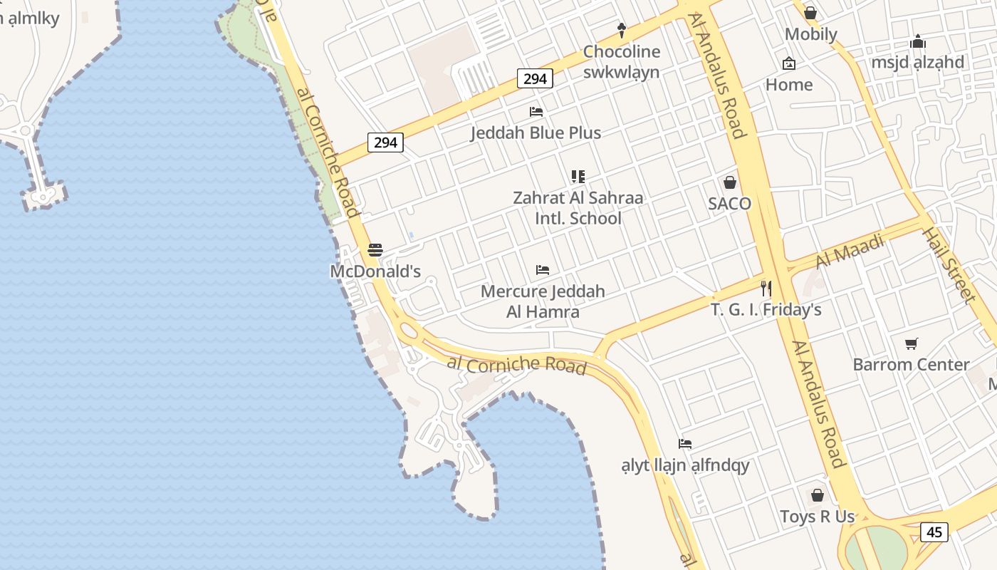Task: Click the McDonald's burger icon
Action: click(x=375, y=250)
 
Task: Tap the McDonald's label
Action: click(x=375, y=271)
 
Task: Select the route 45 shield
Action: click(x=934, y=532)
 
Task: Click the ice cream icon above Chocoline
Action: click(x=622, y=30)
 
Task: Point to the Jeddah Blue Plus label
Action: click(x=536, y=133)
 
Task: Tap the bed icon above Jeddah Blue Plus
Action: click(x=536, y=112)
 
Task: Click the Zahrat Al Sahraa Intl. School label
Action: click(x=578, y=208)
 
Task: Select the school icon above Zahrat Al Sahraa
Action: click(x=578, y=177)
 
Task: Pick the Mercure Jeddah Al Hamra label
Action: click(x=543, y=301)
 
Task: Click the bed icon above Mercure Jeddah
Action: click(x=543, y=270)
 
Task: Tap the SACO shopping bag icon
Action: click(x=730, y=182)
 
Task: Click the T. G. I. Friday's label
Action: click(x=766, y=310)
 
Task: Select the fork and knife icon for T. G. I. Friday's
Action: click(x=766, y=289)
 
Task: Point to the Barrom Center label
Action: click(x=911, y=365)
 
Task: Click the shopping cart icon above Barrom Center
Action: click(x=912, y=344)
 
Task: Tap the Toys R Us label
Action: click(x=817, y=517)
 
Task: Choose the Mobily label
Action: click(x=810, y=34)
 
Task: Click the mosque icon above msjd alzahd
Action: click(x=918, y=42)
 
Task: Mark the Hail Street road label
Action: click(x=949, y=264)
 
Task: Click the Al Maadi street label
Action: click(x=850, y=251)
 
